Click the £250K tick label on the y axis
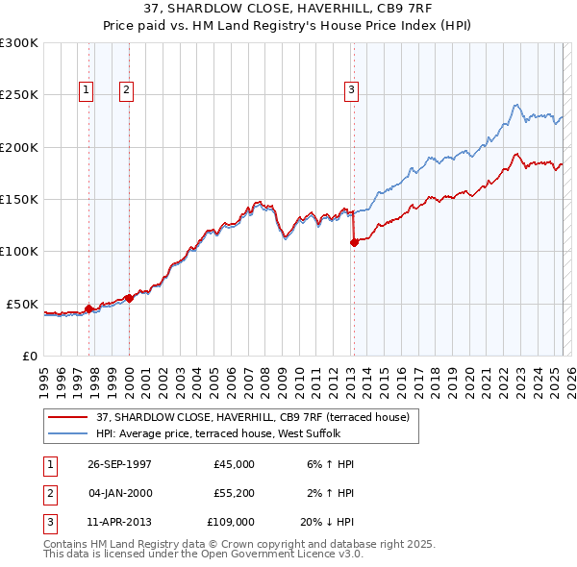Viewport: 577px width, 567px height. [19, 95]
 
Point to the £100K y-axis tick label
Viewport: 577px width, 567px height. [19, 251]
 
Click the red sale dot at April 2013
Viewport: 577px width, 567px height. [354, 242]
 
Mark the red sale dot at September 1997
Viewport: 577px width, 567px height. [89, 308]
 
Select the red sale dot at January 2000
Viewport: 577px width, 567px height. [129, 298]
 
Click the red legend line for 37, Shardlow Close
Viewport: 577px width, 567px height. [68, 417]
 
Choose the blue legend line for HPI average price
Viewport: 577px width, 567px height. [68, 433]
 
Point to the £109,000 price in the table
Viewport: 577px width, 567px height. [231, 522]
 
